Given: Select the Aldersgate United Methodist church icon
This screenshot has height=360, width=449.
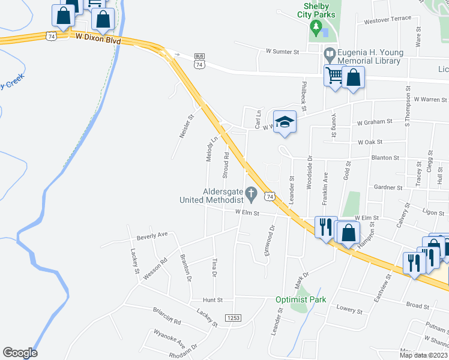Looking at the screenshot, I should [x=252, y=194].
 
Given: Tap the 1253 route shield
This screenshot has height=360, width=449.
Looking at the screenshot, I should [x=233, y=317].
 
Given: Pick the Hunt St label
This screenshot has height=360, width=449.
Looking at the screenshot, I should [x=212, y=299].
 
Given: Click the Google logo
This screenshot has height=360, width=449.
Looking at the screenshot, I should [x=20, y=353].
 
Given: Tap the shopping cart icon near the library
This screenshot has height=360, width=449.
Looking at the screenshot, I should [x=334, y=76].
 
